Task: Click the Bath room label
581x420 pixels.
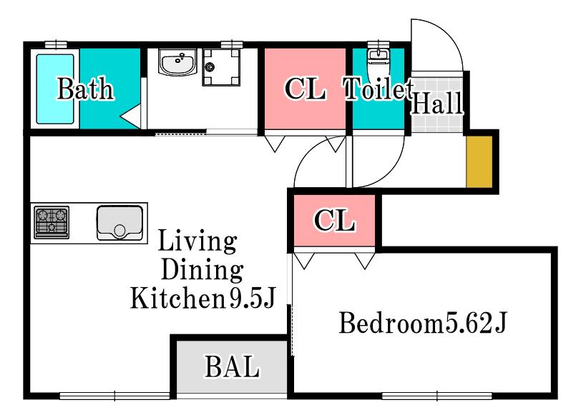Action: pos(85,89)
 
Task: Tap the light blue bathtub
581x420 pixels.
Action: pos(55,89)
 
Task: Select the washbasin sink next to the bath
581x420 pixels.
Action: pos(178,62)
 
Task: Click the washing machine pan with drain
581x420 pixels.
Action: pos(221,67)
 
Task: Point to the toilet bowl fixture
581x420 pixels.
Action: pos(377,61)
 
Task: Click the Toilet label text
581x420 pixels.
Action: pos(379,89)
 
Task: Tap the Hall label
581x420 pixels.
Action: pos(437,103)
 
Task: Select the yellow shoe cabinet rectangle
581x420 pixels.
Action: pos(479,162)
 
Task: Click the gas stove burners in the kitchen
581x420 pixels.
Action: pos(52,222)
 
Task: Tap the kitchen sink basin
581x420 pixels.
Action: pos(119,223)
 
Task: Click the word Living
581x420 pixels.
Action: pos(197,241)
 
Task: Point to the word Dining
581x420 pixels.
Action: pos(202,270)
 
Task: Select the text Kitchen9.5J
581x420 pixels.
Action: pos(203,299)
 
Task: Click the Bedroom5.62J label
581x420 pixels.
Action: pos(422,323)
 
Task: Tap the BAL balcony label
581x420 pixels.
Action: pos(233,366)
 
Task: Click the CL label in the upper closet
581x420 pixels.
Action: pos(305,89)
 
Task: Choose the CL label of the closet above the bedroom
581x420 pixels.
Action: pos(335,220)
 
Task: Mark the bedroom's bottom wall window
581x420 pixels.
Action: pos(437,396)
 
